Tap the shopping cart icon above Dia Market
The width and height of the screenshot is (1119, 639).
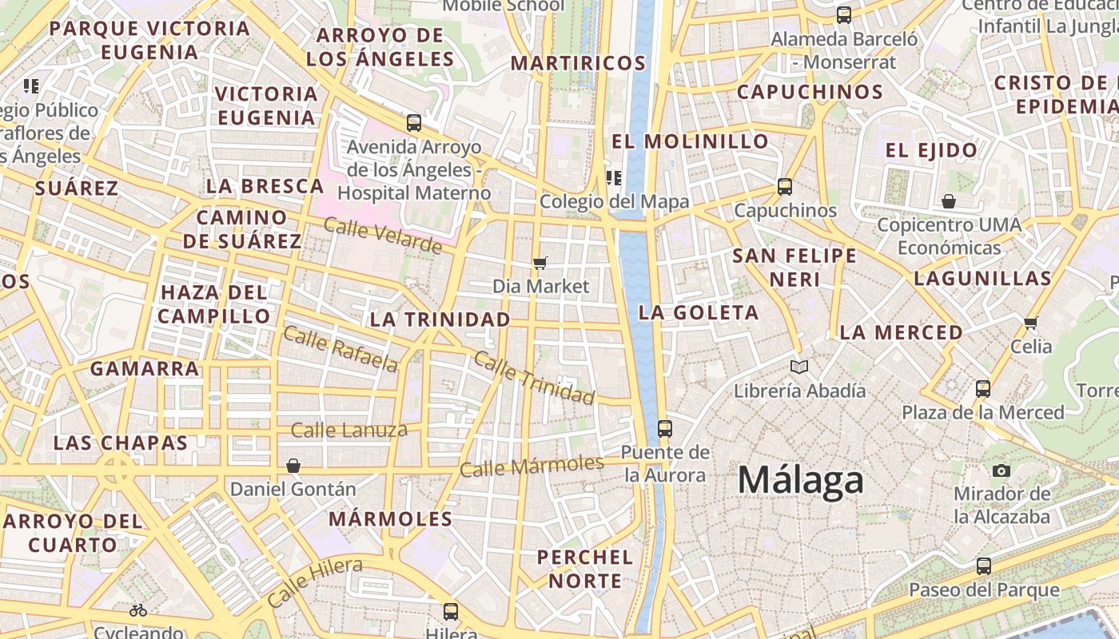pos(540,263)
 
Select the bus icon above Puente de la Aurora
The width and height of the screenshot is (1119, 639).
pos(664,428)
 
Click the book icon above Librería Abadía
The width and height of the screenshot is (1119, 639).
pos(798,367)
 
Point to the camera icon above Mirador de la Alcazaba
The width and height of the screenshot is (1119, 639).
pos(1001,470)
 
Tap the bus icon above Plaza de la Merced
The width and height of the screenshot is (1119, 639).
pos(982,389)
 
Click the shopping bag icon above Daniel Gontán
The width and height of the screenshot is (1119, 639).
pos(293,466)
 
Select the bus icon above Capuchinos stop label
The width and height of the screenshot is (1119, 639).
pos(784,187)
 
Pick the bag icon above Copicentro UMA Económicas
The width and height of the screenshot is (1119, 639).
pos(949,200)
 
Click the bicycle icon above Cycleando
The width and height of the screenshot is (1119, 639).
pos(138,610)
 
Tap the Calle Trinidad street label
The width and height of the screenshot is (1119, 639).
pos(534,376)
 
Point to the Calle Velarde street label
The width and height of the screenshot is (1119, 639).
pos(382,236)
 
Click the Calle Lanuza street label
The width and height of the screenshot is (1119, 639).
pos(348,431)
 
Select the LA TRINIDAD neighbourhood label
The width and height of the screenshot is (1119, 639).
pos(440,319)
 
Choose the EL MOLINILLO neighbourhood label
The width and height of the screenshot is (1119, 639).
pos(690,141)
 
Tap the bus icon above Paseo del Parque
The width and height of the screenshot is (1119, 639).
pos(983,566)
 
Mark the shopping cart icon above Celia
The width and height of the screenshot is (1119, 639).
pos(1030,323)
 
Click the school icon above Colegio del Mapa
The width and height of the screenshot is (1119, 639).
pos(614,177)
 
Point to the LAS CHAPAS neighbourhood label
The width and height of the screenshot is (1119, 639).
pos(121,443)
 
